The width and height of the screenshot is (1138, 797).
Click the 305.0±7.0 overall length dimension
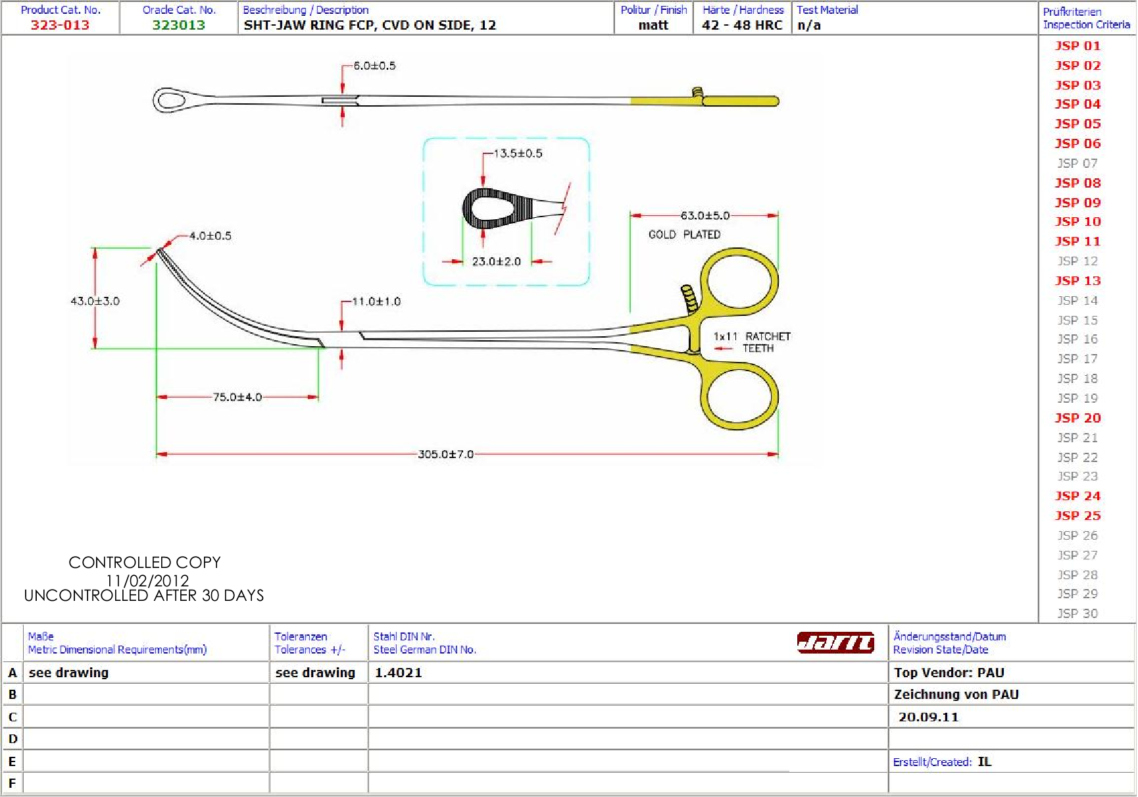click(x=446, y=454)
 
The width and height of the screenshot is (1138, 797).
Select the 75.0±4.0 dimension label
click(x=237, y=397)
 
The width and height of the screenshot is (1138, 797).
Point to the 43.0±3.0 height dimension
click(x=95, y=301)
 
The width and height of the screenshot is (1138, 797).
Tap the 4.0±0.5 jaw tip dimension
click(x=210, y=236)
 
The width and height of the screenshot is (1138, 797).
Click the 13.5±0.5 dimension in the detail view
click(x=518, y=153)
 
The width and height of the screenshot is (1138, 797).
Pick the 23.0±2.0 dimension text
click(x=497, y=261)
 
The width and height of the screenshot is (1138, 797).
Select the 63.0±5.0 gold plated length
click(x=705, y=215)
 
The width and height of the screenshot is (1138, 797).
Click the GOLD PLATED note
click(x=685, y=234)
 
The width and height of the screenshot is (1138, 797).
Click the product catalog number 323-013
click(x=60, y=25)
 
